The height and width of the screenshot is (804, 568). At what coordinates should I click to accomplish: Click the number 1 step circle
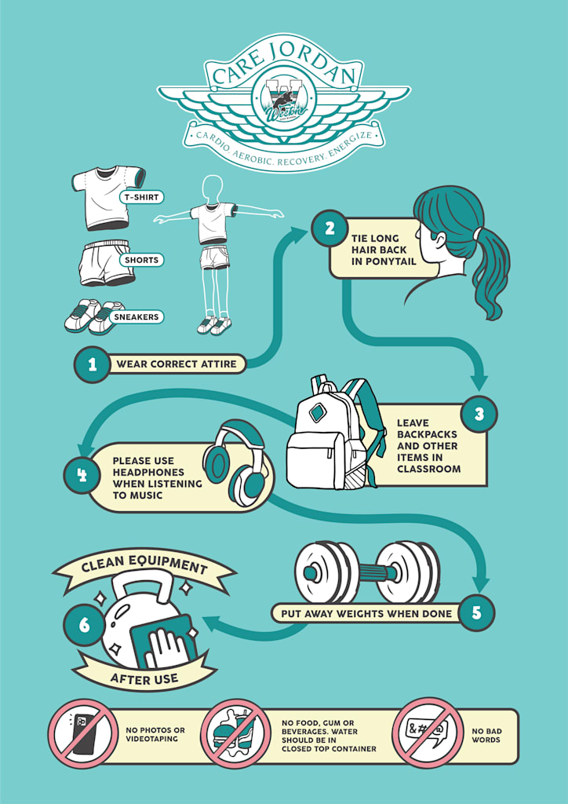point(93,364)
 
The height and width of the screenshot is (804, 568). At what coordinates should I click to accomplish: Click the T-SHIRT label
point(141,197)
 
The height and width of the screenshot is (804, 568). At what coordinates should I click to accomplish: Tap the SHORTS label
point(141,260)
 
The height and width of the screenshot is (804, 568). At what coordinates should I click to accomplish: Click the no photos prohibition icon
point(82,733)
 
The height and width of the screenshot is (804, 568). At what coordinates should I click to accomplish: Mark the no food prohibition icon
point(236,733)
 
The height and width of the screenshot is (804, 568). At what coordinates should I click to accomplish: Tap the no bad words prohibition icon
point(428,732)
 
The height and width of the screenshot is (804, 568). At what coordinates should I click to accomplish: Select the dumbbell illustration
point(366,572)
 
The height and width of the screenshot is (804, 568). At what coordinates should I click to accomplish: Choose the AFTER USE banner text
point(144,678)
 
